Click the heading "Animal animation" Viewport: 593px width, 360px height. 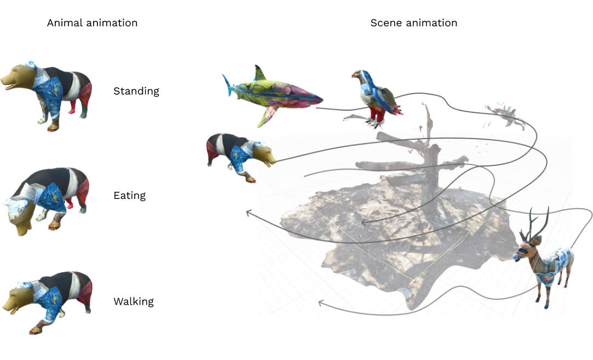[92, 23]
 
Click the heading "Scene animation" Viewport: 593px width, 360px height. [413, 23]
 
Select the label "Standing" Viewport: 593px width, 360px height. [136, 91]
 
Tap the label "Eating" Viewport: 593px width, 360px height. [129, 196]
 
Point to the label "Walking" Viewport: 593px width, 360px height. [133, 301]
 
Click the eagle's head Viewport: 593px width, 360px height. [358, 76]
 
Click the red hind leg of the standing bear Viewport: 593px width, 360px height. [72, 104]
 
